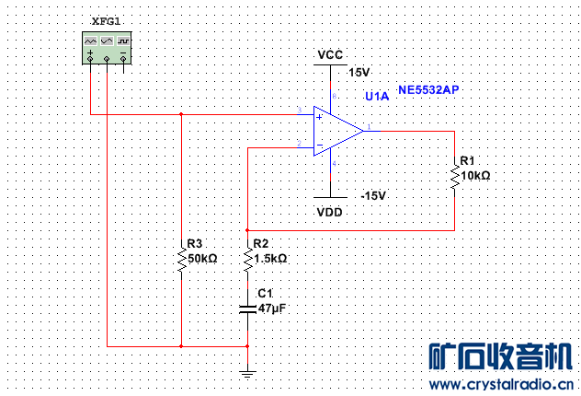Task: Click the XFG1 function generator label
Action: [107, 21]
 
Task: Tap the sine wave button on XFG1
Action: [91, 42]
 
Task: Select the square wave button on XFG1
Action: [123, 42]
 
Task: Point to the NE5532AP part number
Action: [428, 90]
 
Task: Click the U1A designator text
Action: [377, 96]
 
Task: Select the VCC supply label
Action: [330, 55]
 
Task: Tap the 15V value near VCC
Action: [359, 72]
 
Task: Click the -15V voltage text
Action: [372, 196]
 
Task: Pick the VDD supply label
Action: [330, 212]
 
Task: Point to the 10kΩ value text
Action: [475, 175]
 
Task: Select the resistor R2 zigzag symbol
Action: [247, 258]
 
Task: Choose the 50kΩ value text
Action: [202, 259]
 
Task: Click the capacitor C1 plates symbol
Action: [247, 309]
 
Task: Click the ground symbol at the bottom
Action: [247, 373]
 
